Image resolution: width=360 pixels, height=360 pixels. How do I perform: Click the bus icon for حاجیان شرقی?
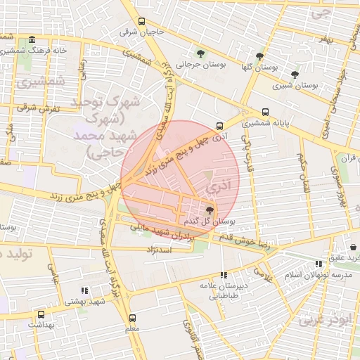[142, 21]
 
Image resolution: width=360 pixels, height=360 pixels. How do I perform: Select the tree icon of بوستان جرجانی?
[202, 53]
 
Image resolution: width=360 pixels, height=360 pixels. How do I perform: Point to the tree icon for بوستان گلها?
[259, 56]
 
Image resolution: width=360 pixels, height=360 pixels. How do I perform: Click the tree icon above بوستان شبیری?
[295, 74]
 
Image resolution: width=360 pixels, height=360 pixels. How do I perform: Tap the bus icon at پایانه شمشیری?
[265, 112]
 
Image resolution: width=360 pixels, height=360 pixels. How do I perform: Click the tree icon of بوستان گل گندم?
[209, 210]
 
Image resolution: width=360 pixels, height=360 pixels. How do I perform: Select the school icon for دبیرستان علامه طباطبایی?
[224, 275]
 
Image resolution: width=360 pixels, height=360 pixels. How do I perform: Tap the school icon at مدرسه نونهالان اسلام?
[319, 264]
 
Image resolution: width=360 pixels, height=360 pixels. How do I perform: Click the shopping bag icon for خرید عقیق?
[353, 247]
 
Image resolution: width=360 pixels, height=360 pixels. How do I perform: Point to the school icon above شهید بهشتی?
[84, 290]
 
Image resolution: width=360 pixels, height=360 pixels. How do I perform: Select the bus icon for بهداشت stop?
[41, 314]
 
